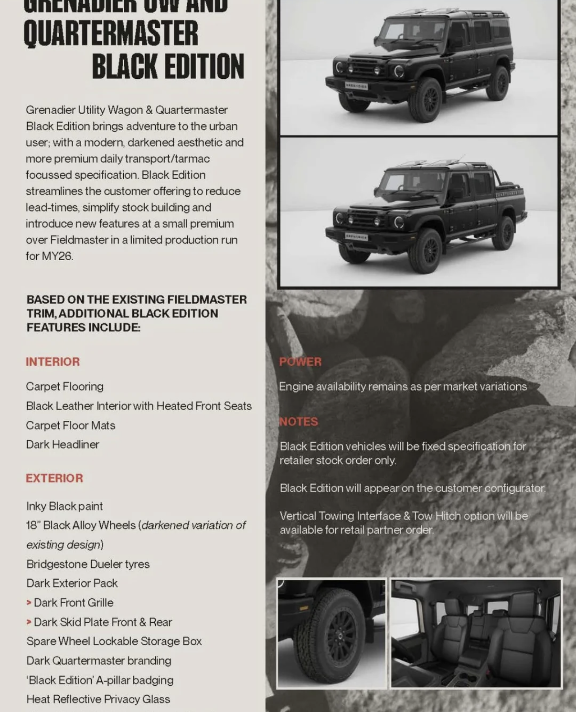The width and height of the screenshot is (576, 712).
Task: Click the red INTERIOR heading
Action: (x=53, y=361)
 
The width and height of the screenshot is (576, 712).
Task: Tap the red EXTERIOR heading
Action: (x=54, y=478)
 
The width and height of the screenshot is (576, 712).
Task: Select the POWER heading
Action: (x=300, y=361)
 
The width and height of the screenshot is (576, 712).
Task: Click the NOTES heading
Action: (x=299, y=422)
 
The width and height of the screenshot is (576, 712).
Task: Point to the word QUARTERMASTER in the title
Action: (x=111, y=33)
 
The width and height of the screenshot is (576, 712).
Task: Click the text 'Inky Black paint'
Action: (x=64, y=506)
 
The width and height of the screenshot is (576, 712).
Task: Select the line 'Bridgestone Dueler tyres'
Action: (x=88, y=564)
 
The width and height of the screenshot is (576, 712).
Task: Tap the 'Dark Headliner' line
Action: (x=63, y=445)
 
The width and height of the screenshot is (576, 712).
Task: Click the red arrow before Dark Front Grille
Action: (x=29, y=603)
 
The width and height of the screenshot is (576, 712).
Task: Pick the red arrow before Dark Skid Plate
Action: (x=29, y=622)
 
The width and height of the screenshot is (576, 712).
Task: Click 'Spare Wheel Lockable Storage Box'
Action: (x=114, y=641)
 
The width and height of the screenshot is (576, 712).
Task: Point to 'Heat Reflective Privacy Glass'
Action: (x=98, y=699)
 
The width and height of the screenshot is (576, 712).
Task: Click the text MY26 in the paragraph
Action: (x=57, y=256)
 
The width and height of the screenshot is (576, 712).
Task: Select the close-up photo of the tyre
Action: (x=331, y=633)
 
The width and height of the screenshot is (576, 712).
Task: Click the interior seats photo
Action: (x=476, y=633)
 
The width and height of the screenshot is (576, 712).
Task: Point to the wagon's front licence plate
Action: (x=356, y=86)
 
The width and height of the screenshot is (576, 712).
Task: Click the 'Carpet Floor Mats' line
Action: (x=71, y=425)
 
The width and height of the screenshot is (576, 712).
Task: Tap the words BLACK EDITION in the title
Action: (x=168, y=66)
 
